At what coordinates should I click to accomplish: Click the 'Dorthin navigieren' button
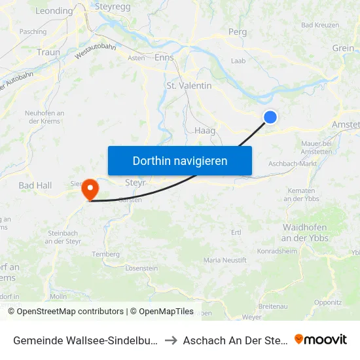pyautogui.click(x=179, y=160)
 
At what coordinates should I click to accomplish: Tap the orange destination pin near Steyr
pyautogui.click(x=90, y=190)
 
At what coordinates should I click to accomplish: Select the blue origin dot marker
pyautogui.click(x=270, y=117)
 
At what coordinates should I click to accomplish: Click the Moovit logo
pyautogui.click(x=321, y=339)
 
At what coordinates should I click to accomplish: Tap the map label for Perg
pyautogui.click(x=237, y=31)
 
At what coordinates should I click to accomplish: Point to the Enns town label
pyautogui.click(x=164, y=58)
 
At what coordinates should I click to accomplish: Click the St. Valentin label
pyautogui.click(x=189, y=86)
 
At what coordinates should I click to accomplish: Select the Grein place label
pyautogui.click(x=343, y=48)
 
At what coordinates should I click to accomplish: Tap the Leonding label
pyautogui.click(x=54, y=11)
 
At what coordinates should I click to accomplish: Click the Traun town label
pyautogui.click(x=48, y=52)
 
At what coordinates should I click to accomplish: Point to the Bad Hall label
pyautogui.click(x=35, y=186)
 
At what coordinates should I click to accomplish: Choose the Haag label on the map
pyautogui.click(x=205, y=130)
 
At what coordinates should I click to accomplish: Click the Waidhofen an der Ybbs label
pyautogui.click(x=305, y=232)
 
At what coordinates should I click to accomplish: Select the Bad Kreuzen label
pyautogui.click(x=320, y=25)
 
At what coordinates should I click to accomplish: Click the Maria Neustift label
pyautogui.click(x=225, y=261)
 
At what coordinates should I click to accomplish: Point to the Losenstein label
pyautogui.click(x=141, y=268)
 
